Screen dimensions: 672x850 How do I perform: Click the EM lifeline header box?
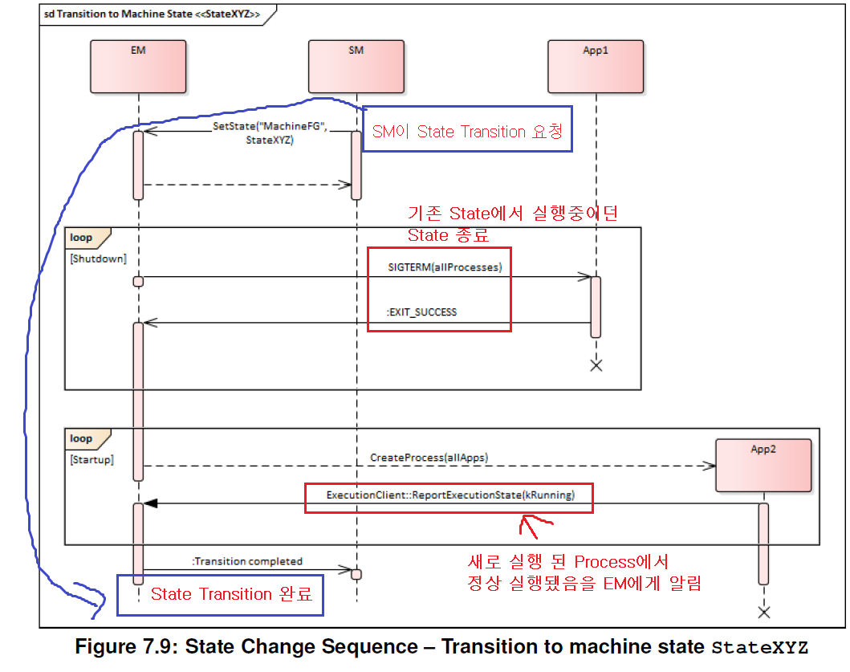[x=138, y=67]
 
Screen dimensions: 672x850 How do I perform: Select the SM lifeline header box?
[x=356, y=67]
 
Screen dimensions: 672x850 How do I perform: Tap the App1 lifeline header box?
[x=596, y=67]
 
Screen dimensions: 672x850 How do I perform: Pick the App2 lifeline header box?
[x=763, y=465]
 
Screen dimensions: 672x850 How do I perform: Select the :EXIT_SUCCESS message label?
[x=422, y=312]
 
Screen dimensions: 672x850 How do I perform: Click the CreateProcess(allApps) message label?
[x=429, y=458]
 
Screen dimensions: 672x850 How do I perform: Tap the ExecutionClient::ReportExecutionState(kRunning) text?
[x=450, y=495]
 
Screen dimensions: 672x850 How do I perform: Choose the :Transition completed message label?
[x=247, y=561]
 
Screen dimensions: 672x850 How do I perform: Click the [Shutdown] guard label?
[x=98, y=259]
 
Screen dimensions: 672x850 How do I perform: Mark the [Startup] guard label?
[x=92, y=460]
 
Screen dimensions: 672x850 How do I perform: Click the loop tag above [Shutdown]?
[x=82, y=238]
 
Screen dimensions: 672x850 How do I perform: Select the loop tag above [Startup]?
[x=82, y=439]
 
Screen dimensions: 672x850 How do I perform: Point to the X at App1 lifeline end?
[x=596, y=365]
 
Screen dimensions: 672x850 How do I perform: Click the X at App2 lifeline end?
[x=763, y=613]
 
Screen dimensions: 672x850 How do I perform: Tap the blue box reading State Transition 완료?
[x=220, y=595]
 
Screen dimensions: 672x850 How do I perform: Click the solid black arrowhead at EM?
[x=150, y=503]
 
